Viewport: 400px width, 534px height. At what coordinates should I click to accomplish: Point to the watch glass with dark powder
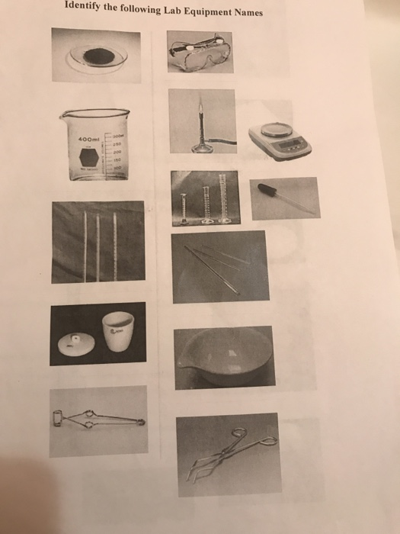[x=97, y=55]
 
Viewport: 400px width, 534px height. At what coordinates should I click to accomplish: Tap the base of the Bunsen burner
[x=201, y=148]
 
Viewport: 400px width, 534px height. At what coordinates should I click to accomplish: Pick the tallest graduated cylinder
[x=225, y=197]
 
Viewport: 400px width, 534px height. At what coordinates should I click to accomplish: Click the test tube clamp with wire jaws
[x=98, y=417]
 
